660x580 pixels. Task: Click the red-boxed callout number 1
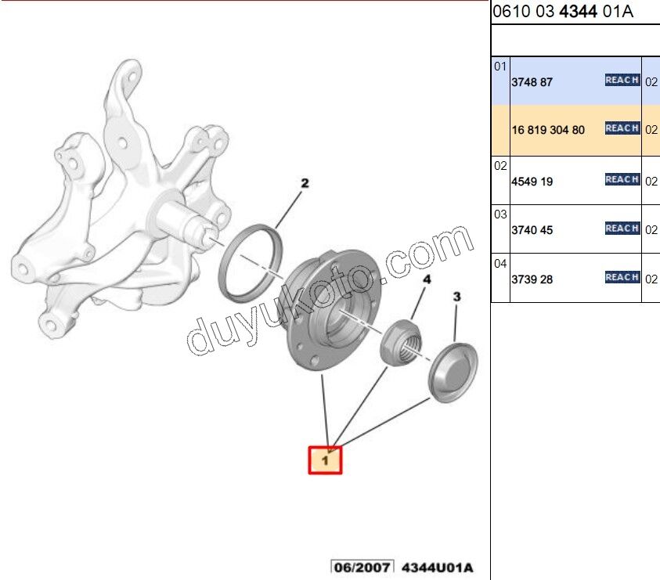coord(325,460)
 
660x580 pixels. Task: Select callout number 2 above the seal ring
coord(305,183)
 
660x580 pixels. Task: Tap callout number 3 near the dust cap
coord(457,297)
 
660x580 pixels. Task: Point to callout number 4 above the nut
coord(427,279)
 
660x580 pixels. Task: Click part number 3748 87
coord(532,81)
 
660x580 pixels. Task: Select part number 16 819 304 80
coord(548,130)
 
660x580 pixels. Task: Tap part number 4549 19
coord(532,182)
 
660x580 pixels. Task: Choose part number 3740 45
coord(532,230)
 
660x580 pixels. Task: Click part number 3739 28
coord(532,279)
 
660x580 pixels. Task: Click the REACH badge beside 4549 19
coord(622,180)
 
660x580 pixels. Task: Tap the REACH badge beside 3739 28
coord(622,277)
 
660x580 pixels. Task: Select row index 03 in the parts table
coord(500,214)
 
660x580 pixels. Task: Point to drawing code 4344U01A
coord(438,567)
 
